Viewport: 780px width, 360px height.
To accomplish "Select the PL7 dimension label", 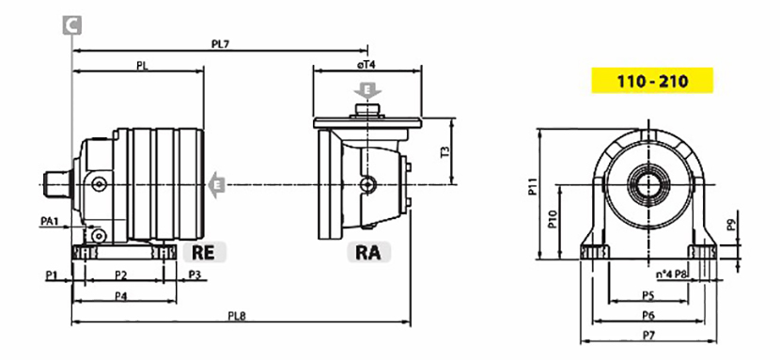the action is pyautogui.click(x=220, y=44).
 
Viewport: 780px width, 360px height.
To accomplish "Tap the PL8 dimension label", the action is pyautogui.click(x=237, y=316).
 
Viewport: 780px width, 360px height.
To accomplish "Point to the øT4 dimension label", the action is pyautogui.click(x=366, y=64).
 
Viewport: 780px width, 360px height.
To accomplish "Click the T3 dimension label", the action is pyautogui.click(x=445, y=152).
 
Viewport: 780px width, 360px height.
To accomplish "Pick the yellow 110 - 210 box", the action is pyautogui.click(x=652, y=81).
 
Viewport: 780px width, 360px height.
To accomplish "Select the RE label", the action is pyautogui.click(x=204, y=252).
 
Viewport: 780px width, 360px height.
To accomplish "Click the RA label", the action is pyautogui.click(x=368, y=252).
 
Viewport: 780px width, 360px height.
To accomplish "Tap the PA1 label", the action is pyautogui.click(x=50, y=221).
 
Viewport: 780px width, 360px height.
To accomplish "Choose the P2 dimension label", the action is pyautogui.click(x=121, y=274).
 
